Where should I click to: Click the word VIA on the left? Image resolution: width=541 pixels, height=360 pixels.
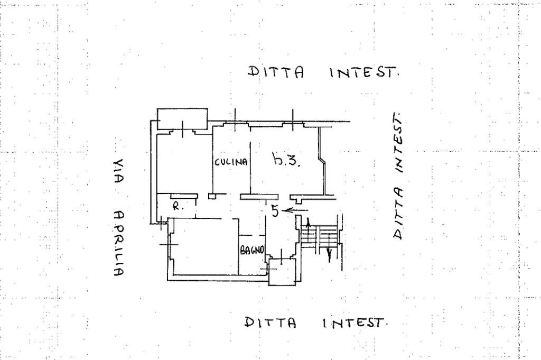pos(118,171)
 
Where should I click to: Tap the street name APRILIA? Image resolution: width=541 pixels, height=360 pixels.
pos(118,243)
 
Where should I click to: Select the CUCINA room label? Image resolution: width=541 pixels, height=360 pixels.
pos(231,163)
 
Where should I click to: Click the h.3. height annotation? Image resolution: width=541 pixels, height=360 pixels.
pos(286,159)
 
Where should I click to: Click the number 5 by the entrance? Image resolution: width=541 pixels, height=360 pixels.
pos(275,210)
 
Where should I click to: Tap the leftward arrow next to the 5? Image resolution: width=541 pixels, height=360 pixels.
pos(295,210)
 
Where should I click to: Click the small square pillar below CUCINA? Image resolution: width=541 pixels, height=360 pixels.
pos(212,196)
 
